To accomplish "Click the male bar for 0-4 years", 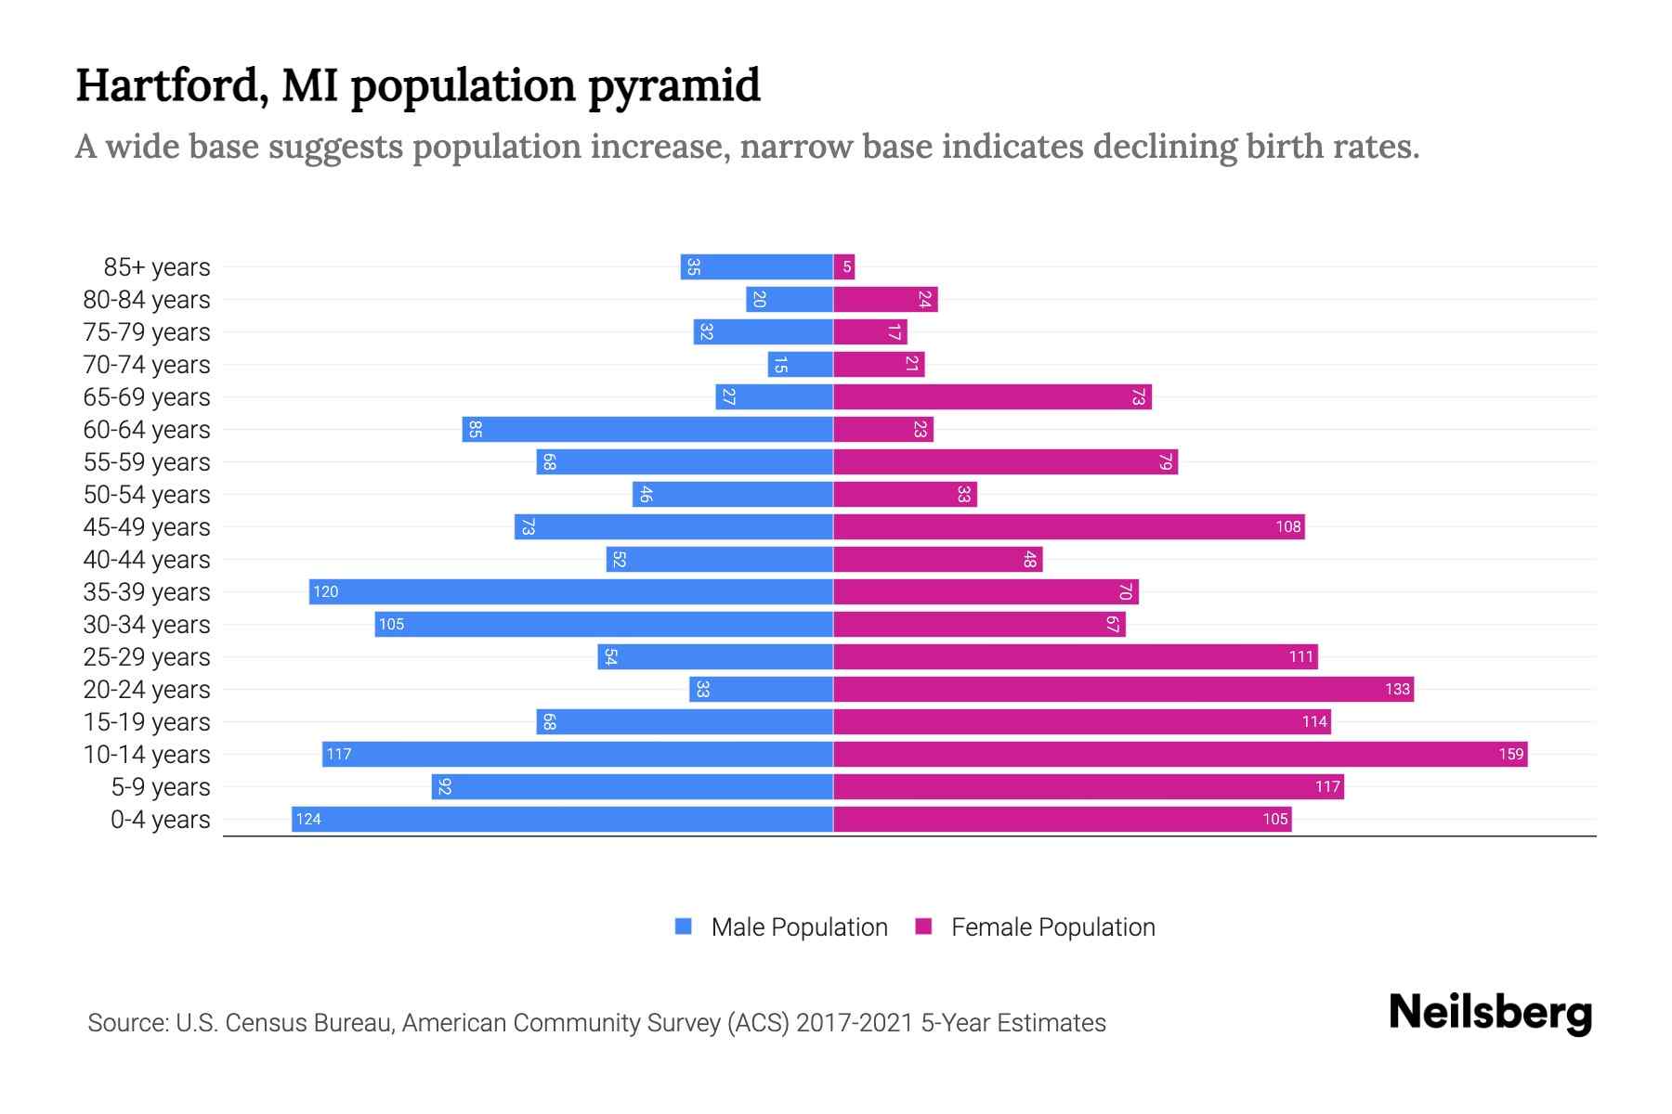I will coord(562,819).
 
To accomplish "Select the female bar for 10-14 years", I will coord(1180,754).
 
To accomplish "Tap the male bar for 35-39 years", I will coord(571,591).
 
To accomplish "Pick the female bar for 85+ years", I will coord(844,266).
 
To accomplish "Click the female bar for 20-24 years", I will coord(1123,689).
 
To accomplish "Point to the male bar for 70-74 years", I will coord(800,364).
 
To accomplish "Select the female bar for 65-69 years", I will coord(992,396).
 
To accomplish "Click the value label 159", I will coord(1510,754).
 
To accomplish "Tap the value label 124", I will coord(308,819).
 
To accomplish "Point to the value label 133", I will coord(1397,689).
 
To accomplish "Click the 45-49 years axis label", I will coord(147,526).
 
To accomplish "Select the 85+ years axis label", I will coord(157,266).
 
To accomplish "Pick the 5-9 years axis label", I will coord(161,786).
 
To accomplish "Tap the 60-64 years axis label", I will coord(147,429).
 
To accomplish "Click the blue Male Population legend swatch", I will coord(684,926).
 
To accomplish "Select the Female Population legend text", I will coord(1052,926).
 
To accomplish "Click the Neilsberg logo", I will coord(1490,1013).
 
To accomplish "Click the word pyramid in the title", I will coord(674,86).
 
